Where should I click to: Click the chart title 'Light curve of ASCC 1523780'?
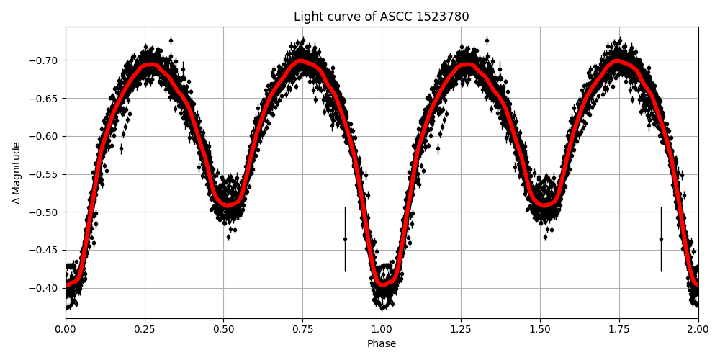pos(382,17)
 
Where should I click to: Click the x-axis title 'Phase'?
pos(382,344)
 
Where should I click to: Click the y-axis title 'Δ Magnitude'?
pos(17,173)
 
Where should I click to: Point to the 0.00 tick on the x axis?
pos(66,330)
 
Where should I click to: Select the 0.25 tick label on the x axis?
pos(145,330)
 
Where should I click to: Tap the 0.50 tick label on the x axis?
pos(224,330)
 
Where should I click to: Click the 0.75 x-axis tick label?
pos(302,330)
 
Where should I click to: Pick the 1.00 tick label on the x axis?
pos(382,330)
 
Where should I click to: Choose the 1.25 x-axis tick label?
pos(461,330)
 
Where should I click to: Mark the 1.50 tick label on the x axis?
pos(540,330)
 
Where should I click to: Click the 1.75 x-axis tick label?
pos(619,330)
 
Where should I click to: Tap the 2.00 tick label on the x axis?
pos(698,330)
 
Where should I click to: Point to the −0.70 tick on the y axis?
pos(45,60)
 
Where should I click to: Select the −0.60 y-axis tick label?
pos(45,136)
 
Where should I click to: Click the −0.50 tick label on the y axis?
pos(45,212)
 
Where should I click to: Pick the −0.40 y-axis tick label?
pos(45,288)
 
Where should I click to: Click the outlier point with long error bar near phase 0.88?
pos(345,239)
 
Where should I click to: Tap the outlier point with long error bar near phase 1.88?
pos(661,239)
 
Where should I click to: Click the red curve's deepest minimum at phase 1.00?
pos(382,285)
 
